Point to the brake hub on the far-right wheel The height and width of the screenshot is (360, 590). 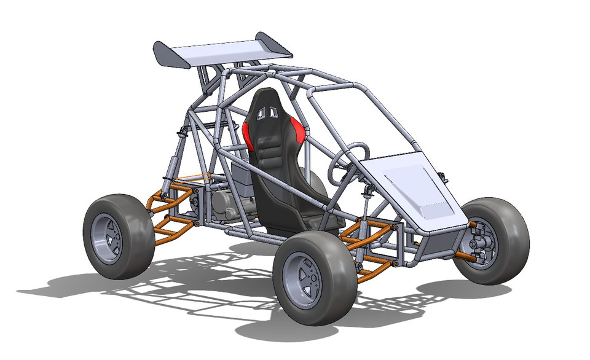coord(481,244)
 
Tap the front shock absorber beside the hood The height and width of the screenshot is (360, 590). coord(367,203)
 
